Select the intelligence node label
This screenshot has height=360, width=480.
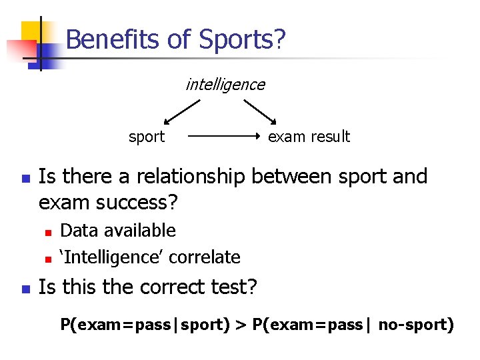pyautogui.click(x=225, y=85)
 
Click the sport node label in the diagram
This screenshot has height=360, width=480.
pyautogui.click(x=146, y=137)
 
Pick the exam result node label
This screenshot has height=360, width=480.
pyautogui.click(x=308, y=137)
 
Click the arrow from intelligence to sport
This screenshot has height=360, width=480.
pyautogui.click(x=182, y=112)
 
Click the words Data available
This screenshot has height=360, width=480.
pyautogui.click(x=118, y=231)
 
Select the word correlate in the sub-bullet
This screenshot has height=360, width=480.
pyautogui.click(x=206, y=257)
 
